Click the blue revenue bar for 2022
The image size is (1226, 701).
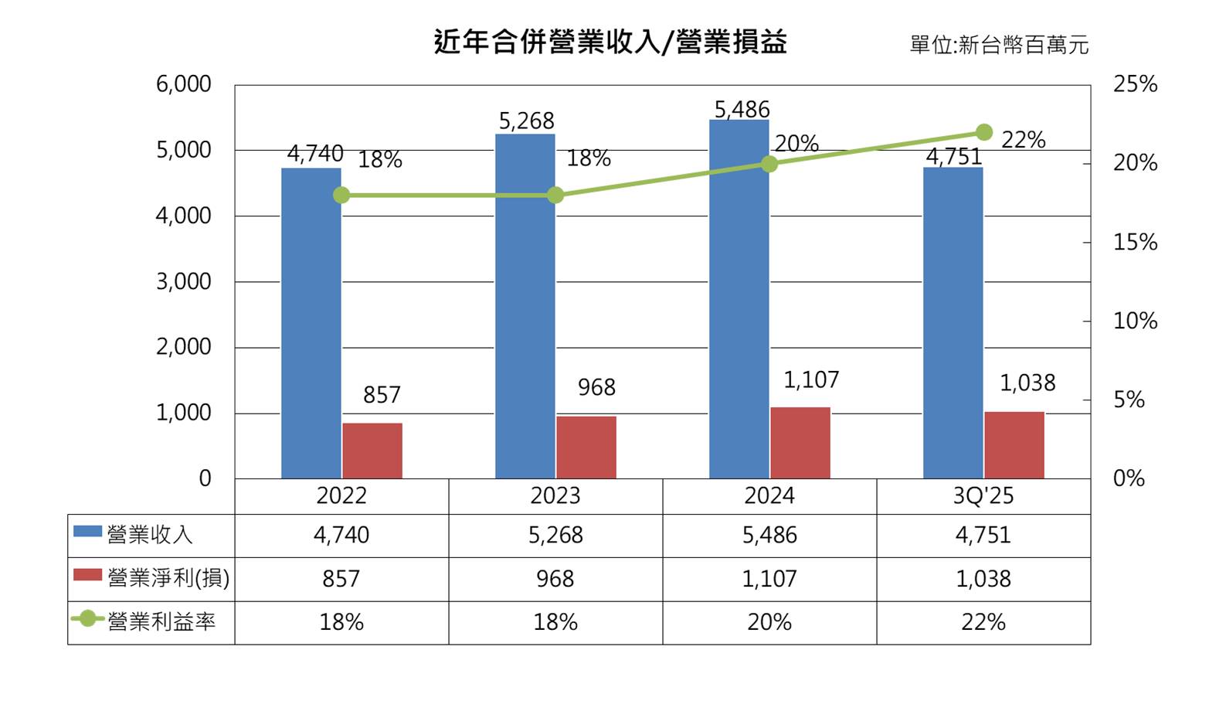(311, 325)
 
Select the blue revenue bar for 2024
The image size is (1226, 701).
(739, 301)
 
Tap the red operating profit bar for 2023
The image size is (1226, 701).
(586, 447)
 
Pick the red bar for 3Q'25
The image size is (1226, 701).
(1014, 445)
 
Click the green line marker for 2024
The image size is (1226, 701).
(769, 164)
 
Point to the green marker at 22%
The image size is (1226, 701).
(983, 133)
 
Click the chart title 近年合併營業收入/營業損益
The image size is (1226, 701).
(610, 42)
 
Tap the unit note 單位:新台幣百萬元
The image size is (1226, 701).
(998, 45)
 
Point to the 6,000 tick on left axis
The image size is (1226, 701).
(184, 84)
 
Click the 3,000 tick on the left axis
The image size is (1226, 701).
(184, 281)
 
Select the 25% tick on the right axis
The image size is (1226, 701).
(1134, 84)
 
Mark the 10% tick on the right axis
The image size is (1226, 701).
(1134, 321)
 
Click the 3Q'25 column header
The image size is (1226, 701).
(983, 495)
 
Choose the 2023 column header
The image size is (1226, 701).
(555, 495)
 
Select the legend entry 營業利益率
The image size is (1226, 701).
(161, 622)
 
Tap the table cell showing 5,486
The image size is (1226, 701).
(769, 535)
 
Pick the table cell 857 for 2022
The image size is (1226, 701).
(341, 579)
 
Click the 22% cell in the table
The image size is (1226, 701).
(983, 622)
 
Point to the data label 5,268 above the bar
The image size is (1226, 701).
(526, 121)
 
